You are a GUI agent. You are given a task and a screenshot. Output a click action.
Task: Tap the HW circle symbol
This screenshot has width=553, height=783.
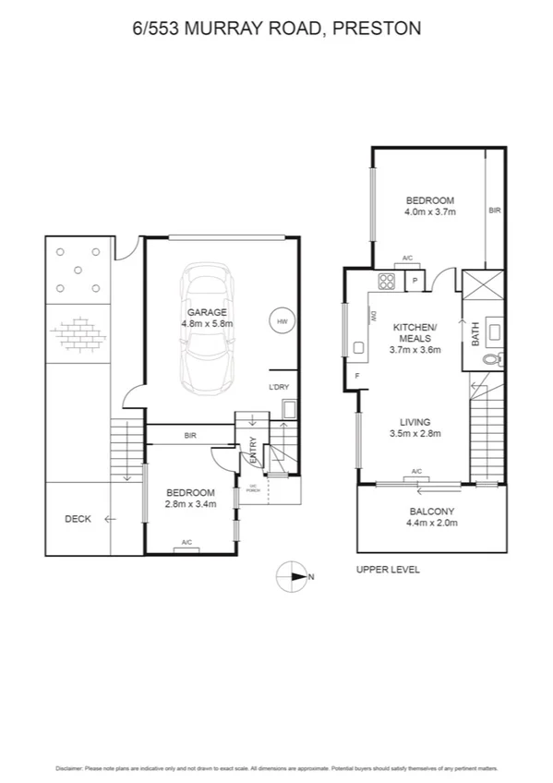click(x=282, y=321)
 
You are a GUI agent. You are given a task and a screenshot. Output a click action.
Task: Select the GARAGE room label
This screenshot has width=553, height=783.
click(x=209, y=312)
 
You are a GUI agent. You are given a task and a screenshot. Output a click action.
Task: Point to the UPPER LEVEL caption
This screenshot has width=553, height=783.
click(x=388, y=570)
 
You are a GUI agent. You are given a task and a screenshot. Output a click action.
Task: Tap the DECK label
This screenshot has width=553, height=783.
click(x=78, y=519)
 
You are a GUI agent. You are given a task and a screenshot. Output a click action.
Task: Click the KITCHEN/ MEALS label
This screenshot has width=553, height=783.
click(x=415, y=333)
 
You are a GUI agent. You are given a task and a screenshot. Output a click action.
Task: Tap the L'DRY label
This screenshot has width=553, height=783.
click(x=279, y=386)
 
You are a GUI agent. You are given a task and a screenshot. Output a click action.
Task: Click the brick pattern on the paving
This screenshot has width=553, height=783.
click(x=78, y=332)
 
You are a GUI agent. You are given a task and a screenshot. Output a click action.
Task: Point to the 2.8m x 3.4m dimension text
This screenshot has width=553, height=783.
click(x=190, y=504)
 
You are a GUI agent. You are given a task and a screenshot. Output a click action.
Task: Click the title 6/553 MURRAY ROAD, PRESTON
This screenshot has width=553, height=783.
click(x=277, y=29)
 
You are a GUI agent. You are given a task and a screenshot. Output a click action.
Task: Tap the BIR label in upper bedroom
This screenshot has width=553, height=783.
click(x=494, y=211)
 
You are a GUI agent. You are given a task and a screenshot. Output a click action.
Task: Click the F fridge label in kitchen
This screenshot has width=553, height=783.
click(x=357, y=376)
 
